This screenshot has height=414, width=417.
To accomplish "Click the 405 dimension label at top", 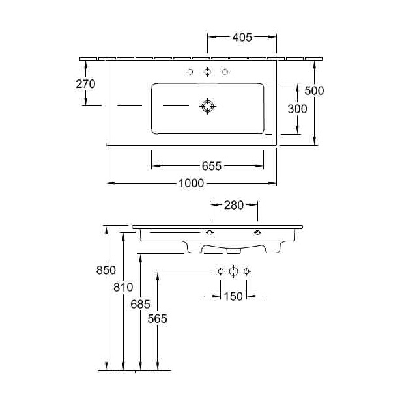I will (x=242, y=37).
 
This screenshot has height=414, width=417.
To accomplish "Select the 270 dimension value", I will (x=85, y=83).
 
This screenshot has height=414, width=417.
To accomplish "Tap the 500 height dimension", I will (x=314, y=90).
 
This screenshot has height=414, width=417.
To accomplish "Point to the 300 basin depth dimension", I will (x=297, y=109).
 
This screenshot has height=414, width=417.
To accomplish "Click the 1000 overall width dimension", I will (x=191, y=184).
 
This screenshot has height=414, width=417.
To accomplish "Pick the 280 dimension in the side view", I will (x=233, y=206).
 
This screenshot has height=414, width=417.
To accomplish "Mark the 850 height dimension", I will (x=106, y=270).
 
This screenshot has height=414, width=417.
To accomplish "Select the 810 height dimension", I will (x=122, y=287).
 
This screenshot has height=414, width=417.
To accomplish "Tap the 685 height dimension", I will (x=140, y=303).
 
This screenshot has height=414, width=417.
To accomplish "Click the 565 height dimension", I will (x=157, y=319).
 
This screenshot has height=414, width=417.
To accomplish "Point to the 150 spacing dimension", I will (x=233, y=296).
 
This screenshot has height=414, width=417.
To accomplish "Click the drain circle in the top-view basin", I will (x=207, y=106).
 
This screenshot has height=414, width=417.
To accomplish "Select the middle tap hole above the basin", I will (x=207, y=72).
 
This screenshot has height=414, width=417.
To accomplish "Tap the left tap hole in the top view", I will (x=190, y=72).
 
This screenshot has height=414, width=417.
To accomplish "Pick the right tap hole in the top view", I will (x=225, y=72).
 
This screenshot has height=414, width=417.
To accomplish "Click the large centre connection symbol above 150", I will (x=233, y=271).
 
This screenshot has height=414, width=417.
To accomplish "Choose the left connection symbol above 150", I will (x=221, y=271).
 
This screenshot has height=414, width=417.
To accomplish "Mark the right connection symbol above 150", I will (x=246, y=271).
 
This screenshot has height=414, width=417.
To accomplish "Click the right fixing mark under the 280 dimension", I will (x=257, y=232).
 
